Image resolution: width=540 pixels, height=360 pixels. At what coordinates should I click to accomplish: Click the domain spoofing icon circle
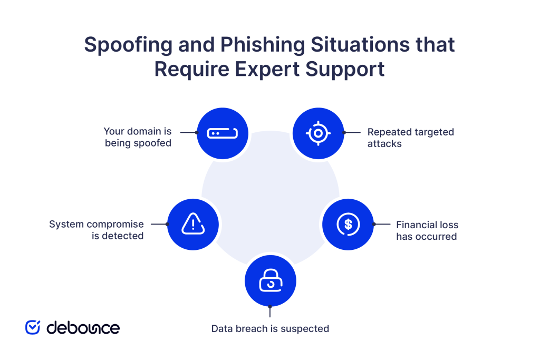click(x=222, y=133)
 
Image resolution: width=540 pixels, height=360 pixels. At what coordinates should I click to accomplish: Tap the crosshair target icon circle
click(x=318, y=133)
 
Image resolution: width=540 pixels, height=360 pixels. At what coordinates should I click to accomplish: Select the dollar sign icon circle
click(x=348, y=224)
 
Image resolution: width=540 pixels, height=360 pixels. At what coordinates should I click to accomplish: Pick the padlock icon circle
click(x=271, y=281)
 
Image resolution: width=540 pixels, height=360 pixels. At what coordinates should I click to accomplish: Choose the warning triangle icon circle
click(x=193, y=225)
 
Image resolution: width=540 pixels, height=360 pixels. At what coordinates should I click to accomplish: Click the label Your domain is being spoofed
click(x=138, y=137)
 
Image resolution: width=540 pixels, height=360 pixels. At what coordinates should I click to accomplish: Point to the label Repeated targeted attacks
click(x=410, y=138)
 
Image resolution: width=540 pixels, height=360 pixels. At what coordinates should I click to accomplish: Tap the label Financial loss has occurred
click(x=427, y=230)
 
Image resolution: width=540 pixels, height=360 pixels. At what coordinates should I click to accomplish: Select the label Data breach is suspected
click(x=270, y=329)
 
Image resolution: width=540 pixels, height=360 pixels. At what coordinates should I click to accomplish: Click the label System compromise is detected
click(x=97, y=230)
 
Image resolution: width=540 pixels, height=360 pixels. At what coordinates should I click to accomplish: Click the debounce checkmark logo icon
click(x=33, y=327)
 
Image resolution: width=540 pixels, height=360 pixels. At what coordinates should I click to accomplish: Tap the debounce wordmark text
click(x=83, y=327)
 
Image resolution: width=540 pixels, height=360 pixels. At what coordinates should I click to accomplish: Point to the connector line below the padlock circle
click(x=270, y=312)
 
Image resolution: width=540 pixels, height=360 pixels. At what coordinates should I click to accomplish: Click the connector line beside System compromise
click(x=159, y=224)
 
